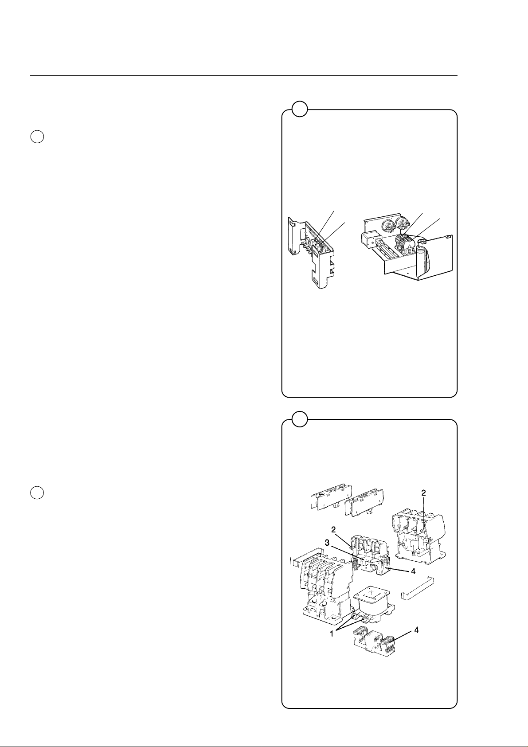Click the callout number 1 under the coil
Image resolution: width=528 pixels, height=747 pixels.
click(332, 634)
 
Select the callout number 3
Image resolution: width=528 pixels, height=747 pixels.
click(328, 543)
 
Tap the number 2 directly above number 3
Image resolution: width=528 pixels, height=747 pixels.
click(333, 529)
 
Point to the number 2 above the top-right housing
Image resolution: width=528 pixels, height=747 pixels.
click(424, 493)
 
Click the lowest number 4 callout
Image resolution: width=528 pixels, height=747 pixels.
click(417, 630)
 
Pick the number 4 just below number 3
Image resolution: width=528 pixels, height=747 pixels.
click(413, 571)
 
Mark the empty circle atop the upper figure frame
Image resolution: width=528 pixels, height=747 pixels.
click(300, 109)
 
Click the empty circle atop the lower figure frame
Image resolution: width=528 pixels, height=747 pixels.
click(300, 419)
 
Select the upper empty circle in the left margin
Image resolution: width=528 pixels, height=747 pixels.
click(37, 137)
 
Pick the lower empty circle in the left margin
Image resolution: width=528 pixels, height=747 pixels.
click(37, 493)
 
